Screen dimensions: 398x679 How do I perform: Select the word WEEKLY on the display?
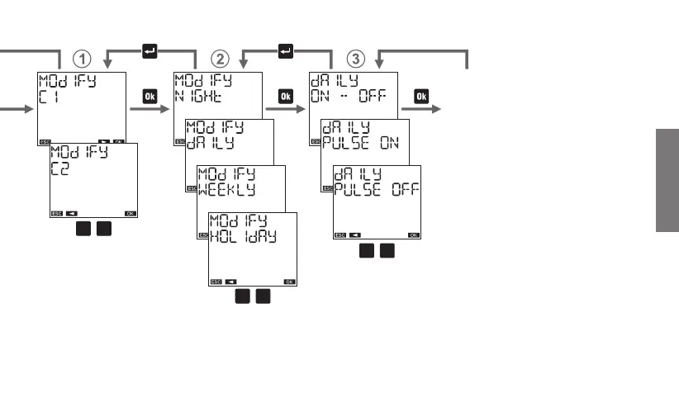pyautogui.click(x=232, y=188)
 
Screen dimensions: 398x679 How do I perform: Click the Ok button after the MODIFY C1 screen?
pyautogui.click(x=150, y=97)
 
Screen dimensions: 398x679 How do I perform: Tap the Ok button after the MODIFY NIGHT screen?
pyautogui.click(x=286, y=97)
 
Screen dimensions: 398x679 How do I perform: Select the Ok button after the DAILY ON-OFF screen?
pyautogui.click(x=421, y=97)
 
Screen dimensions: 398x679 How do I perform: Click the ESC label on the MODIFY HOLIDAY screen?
pyautogui.click(x=216, y=282)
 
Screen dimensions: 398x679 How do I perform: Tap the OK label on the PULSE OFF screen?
pyautogui.click(x=414, y=235)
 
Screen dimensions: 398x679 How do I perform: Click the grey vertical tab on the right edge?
pyautogui.click(x=668, y=181)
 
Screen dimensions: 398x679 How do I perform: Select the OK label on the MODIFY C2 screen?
pyautogui.click(x=131, y=213)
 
